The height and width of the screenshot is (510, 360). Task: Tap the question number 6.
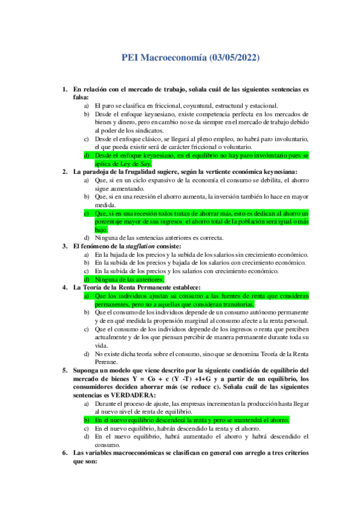pos(66,452)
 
